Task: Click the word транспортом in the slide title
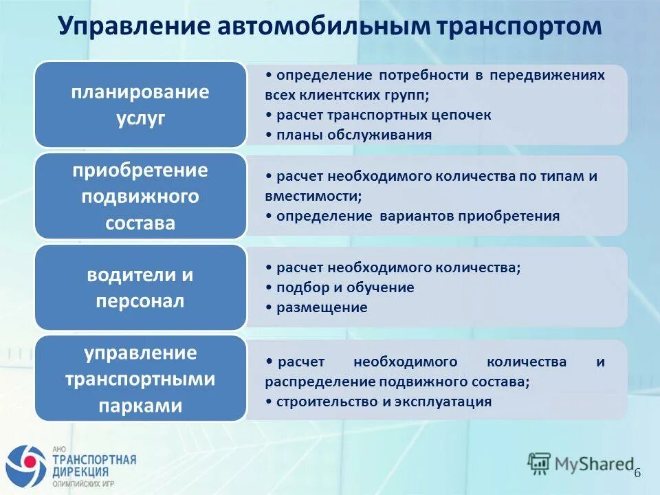click(518, 27)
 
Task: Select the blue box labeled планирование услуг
click(140, 104)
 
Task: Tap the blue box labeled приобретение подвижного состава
click(140, 197)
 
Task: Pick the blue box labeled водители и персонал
click(140, 288)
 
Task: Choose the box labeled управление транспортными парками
click(140, 379)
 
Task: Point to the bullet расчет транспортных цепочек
click(383, 115)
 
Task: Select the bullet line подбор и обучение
click(344, 287)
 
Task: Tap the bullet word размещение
click(322, 307)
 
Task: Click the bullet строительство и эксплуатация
click(383, 401)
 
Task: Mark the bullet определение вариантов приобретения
click(417, 216)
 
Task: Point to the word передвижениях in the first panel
click(547, 75)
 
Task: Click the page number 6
click(637, 472)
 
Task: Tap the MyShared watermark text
click(595, 464)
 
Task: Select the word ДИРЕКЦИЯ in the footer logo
click(80, 472)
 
